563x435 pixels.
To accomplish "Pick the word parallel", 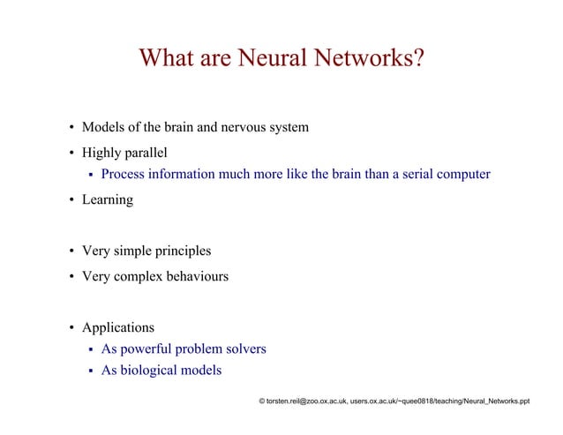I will coord(146,153).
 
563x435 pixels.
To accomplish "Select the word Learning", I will coord(108,200).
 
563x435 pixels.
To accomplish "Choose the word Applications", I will coord(118,328).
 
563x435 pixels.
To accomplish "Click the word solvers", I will coord(244,349).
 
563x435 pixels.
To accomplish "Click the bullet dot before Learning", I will coord(72,200).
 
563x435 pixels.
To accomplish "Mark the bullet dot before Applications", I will coord(72,328).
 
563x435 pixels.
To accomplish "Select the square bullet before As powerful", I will coord(92,350).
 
